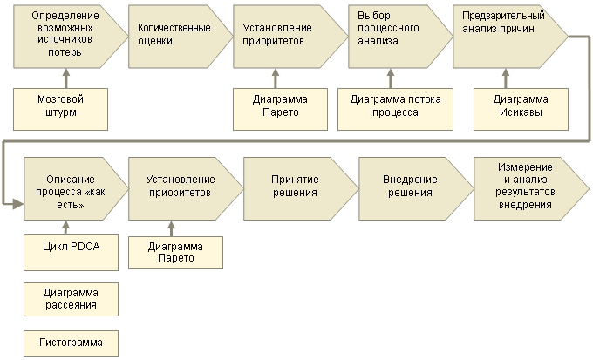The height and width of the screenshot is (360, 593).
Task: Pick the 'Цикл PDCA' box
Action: coord(71,248)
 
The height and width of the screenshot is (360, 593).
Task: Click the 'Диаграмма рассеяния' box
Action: coord(71,298)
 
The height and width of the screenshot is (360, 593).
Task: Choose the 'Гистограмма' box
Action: coord(71,343)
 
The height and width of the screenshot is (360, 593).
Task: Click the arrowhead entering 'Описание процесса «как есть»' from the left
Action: coord(17,203)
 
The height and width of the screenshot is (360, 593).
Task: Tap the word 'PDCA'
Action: coord(85,248)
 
